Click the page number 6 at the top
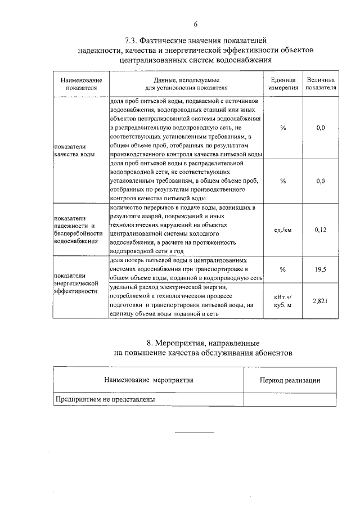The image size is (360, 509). coord(195,24)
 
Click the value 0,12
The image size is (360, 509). coord(321,229)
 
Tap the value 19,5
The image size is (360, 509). coord(321,269)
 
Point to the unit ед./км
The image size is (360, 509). coord(283,229)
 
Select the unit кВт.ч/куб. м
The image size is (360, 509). coord(283,301)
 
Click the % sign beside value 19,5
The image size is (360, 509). coord(283,269)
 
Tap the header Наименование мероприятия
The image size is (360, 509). coord(148,380)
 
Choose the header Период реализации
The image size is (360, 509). coord(290,380)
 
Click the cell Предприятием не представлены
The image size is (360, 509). coord(105,399)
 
